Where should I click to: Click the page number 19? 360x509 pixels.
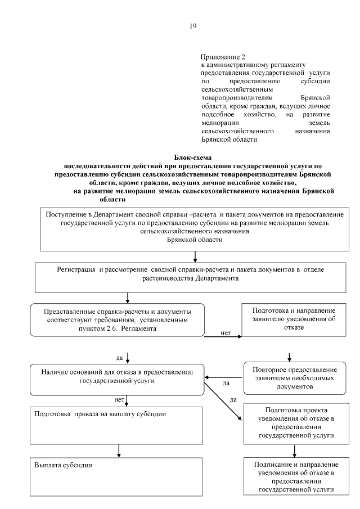193,26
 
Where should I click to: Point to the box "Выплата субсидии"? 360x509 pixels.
118,476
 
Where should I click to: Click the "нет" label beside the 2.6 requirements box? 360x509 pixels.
226,333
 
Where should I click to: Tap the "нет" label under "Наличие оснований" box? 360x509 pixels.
119,400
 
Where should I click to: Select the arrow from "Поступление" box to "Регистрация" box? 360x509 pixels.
195,256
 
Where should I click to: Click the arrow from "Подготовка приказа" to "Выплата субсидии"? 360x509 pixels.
119,451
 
